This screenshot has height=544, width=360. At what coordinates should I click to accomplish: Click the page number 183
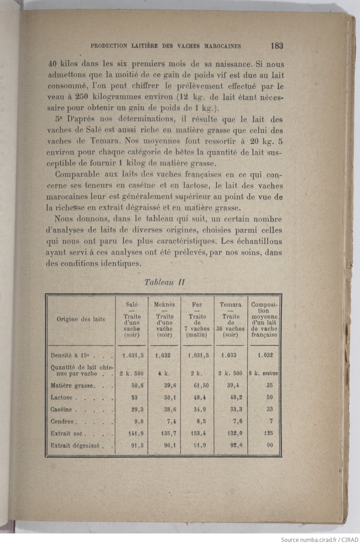[277, 46]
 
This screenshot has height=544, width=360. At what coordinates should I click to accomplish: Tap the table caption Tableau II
[165, 282]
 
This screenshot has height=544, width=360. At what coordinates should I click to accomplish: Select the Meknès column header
[164, 305]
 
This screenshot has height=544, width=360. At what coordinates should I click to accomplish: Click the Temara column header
[231, 305]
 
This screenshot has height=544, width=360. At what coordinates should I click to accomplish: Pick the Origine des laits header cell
[81, 319]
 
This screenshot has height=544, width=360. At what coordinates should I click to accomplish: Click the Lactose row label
[62, 397]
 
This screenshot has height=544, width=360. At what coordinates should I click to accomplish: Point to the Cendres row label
[62, 421]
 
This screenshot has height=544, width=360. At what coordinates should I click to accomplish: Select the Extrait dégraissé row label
[75, 445]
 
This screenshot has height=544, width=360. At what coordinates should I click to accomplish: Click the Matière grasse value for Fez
[201, 385]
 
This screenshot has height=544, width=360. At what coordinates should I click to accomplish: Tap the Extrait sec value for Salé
[134, 433]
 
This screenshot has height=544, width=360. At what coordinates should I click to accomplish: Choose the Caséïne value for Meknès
[168, 409]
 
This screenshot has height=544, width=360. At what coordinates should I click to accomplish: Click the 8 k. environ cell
[263, 373]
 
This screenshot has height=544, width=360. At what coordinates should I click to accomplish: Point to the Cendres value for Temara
[235, 421]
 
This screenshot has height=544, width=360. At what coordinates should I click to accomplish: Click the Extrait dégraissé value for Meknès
[168, 445]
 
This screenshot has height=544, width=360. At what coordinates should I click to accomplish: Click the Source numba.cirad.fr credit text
[319, 539]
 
